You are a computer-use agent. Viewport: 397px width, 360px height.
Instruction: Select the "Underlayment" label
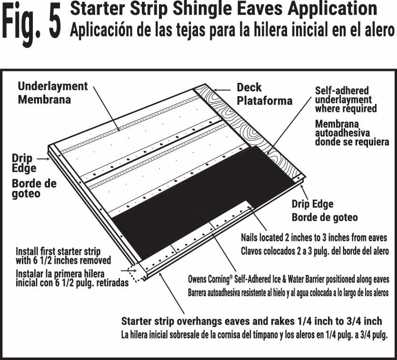(x=53, y=87)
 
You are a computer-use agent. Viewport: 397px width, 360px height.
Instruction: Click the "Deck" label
(x=249, y=88)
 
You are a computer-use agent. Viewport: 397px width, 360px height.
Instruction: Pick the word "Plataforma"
(x=264, y=101)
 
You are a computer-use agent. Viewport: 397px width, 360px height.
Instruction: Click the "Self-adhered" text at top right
(x=342, y=90)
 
